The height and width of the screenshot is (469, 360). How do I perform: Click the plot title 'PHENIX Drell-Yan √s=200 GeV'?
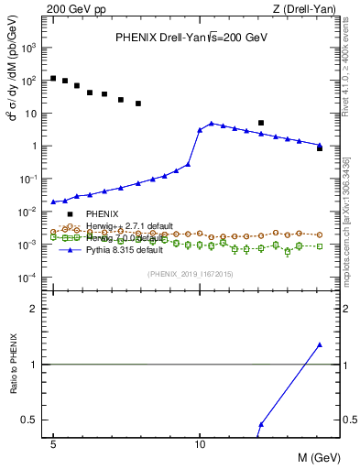pos(191,38)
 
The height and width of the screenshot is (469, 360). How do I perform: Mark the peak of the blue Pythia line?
pos(212,123)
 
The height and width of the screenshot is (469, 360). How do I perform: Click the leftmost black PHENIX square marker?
pos(53,78)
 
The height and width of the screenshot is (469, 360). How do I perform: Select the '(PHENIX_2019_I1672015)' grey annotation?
pos(190,274)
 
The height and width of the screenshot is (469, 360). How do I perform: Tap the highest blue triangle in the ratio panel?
pos(320,344)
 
